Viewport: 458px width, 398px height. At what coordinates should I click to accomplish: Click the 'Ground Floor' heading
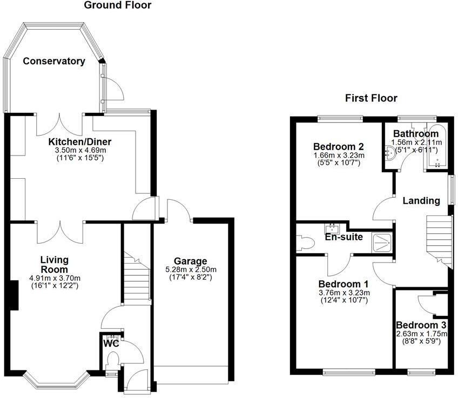[118, 5]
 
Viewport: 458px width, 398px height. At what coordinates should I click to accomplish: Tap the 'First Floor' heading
[371, 98]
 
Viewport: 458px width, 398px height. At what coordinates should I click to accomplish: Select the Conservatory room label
[54, 61]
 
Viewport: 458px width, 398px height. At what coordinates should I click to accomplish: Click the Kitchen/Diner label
[80, 141]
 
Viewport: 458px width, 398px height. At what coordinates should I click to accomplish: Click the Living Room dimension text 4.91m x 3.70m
[54, 279]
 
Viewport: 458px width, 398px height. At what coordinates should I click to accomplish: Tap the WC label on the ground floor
[111, 342]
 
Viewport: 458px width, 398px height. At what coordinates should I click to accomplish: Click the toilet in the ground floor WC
[113, 359]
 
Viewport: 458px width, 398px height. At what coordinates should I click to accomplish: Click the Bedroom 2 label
[338, 146]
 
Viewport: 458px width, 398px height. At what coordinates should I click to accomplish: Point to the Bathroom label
[415, 134]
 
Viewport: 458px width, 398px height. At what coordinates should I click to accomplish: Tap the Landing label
[421, 200]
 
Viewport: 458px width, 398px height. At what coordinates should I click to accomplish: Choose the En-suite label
[343, 237]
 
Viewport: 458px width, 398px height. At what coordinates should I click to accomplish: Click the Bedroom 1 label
[343, 284]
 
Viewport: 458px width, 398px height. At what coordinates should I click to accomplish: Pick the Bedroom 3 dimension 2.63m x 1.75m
[422, 334]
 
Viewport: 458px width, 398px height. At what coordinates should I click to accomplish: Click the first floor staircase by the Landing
[438, 238]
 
